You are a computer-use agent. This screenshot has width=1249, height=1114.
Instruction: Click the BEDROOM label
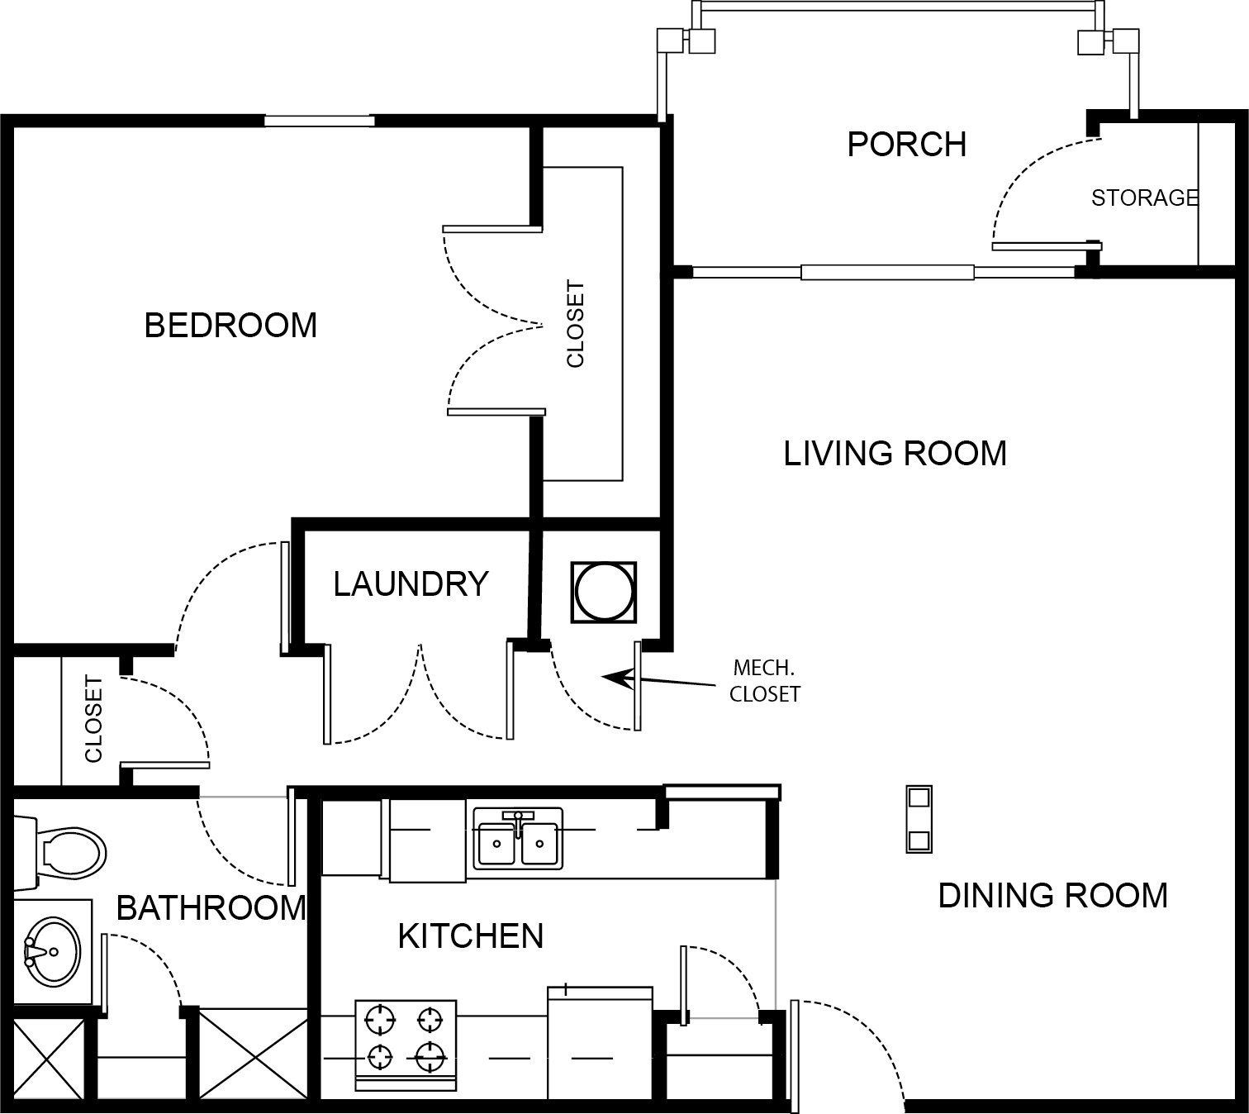click(x=230, y=325)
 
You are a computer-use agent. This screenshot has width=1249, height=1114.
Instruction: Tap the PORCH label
click(x=906, y=145)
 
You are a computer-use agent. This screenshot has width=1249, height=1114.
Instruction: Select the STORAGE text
click(x=1145, y=198)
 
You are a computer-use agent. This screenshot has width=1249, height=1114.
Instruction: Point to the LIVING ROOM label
click(x=895, y=454)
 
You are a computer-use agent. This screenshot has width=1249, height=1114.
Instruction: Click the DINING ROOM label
click(x=1053, y=896)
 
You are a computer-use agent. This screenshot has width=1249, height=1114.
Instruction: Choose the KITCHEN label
click(x=470, y=936)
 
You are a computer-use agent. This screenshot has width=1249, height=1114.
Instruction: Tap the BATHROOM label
click(x=211, y=907)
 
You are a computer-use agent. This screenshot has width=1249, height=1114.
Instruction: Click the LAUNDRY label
click(x=411, y=583)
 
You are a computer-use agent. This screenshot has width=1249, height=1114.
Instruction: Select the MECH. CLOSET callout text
click(x=764, y=681)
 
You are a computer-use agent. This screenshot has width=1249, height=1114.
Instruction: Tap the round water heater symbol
click(x=604, y=592)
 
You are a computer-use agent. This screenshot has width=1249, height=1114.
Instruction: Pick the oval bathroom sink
click(x=53, y=952)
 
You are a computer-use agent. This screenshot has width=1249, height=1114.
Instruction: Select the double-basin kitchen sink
click(x=518, y=840)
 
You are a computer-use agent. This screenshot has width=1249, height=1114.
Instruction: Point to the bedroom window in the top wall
click(x=320, y=121)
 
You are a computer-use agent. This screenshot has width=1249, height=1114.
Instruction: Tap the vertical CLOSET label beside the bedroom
click(x=575, y=325)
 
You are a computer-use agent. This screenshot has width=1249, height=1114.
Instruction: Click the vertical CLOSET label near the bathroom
click(x=93, y=719)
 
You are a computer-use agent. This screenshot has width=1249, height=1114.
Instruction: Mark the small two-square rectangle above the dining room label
click(x=919, y=819)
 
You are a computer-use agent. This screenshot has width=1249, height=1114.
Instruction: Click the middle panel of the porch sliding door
click(x=887, y=272)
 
